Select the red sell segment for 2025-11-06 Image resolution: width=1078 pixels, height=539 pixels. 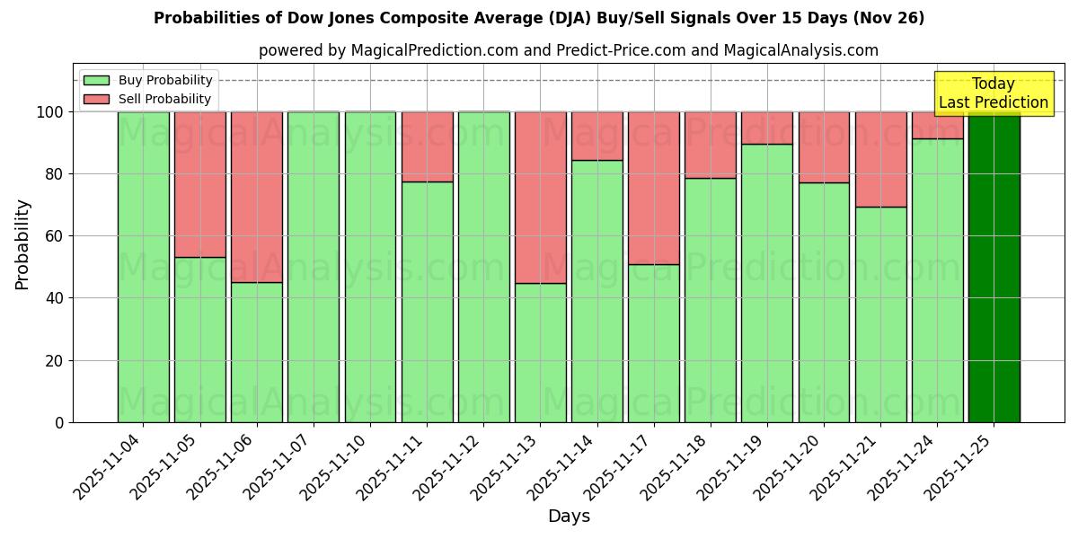coord(257,197)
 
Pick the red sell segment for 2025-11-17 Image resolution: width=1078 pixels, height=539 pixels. coord(654,188)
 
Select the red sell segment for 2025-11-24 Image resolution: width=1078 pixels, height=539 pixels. coord(937,125)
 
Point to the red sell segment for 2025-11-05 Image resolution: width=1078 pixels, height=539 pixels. coord(200,184)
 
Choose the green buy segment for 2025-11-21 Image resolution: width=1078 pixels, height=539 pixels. coord(880,314)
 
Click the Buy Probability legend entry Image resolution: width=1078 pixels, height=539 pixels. coord(148,80)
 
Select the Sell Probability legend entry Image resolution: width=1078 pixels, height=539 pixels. coord(148,99)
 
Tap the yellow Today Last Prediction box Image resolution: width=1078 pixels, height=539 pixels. coord(993,93)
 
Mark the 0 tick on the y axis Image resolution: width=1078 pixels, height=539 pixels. coord(58,422)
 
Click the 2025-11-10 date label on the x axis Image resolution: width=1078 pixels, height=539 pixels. coord(337,467)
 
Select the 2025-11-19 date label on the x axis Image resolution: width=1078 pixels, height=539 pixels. coord(734,467)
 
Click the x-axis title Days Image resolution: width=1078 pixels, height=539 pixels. coord(569,517)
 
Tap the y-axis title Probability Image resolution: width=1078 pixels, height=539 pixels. coord(22,243)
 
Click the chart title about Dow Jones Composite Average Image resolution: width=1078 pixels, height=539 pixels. coord(539,18)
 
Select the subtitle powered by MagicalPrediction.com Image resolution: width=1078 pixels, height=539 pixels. coord(569,50)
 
